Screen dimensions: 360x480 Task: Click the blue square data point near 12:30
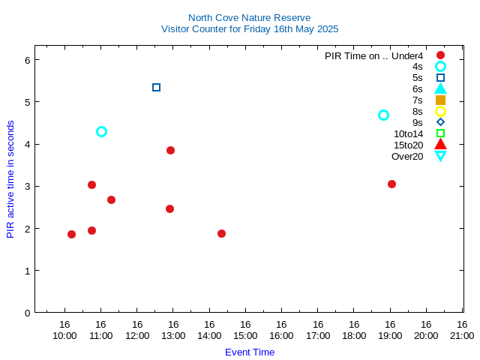pos(156,88)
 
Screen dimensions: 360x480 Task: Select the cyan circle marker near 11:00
pos(101,131)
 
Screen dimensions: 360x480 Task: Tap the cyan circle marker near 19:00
pos(383,115)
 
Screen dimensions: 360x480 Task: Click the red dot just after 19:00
pos(391,184)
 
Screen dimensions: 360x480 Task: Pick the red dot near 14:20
pos(221,233)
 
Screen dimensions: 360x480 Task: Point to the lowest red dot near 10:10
pos(71,234)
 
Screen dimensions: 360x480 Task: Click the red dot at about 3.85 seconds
pos(170,150)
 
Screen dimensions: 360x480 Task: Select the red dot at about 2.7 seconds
pos(111,199)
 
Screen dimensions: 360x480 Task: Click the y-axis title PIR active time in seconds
pos(10,179)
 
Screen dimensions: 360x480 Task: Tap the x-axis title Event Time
pos(250,352)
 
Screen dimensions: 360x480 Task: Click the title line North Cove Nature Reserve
pos(249,17)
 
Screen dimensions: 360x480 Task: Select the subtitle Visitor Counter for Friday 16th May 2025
pos(250,28)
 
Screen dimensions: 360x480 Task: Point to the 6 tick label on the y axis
pos(26,59)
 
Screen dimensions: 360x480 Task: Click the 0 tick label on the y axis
pos(26,313)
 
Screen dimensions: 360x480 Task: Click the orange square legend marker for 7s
pos(440,100)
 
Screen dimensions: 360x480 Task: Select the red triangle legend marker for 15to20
pos(440,145)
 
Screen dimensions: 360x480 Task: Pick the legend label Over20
pos(407,156)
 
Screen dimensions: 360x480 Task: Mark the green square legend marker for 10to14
pos(440,133)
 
